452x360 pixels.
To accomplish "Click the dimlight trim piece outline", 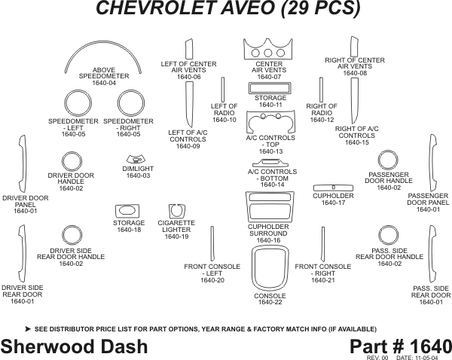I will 136,160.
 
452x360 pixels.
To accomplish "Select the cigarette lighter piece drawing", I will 176,209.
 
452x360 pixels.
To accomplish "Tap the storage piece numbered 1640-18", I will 129,211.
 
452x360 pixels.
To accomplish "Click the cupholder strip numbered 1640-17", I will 333,186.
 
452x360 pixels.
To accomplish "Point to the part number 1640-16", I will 269,241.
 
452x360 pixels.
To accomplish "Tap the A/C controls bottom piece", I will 269,163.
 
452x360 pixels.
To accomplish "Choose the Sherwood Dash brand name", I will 74,346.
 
